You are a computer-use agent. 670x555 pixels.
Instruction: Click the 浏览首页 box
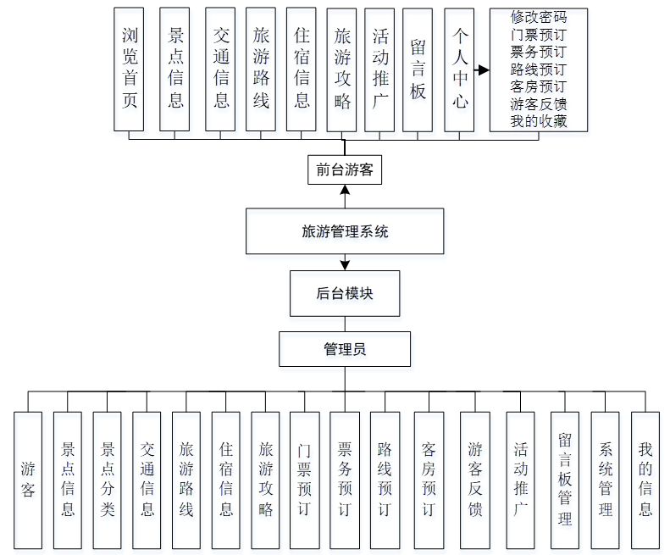point(129,69)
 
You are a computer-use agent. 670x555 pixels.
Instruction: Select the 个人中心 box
point(459,69)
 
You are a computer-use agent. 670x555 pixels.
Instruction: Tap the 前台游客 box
point(345,169)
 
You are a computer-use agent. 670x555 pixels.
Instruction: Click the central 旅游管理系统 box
point(345,230)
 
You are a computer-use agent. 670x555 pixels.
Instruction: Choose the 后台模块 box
point(345,293)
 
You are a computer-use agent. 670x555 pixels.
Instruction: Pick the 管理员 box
point(345,348)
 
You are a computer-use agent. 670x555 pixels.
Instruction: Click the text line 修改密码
point(539,17)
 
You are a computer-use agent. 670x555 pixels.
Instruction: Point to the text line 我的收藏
point(539,121)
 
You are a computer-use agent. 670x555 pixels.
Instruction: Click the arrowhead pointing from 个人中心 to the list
point(484,70)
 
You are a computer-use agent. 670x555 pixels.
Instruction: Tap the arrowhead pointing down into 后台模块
point(345,266)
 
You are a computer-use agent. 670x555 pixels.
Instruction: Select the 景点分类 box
point(108,479)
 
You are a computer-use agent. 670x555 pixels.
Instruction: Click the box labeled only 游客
point(28,479)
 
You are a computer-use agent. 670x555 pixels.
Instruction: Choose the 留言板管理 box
point(565,479)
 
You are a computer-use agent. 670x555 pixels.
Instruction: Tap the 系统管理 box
point(605,479)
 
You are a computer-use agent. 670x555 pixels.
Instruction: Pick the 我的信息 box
point(645,479)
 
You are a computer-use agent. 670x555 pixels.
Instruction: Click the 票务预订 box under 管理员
point(345,479)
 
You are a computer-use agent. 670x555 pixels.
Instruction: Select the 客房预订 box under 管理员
point(429,479)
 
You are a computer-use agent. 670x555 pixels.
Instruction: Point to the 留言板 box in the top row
point(418,69)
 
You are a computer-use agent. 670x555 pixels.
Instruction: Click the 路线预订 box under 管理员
point(385,479)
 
